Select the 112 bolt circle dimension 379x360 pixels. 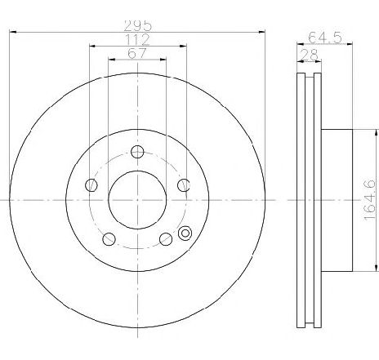[137, 39]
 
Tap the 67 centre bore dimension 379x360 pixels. [137, 54]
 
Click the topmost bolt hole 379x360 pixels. [137, 151]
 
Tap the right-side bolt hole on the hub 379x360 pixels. [184, 184]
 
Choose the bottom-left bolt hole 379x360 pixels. [109, 238]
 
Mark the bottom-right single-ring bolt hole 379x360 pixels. [166, 238]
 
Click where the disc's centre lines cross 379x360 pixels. [137, 198]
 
